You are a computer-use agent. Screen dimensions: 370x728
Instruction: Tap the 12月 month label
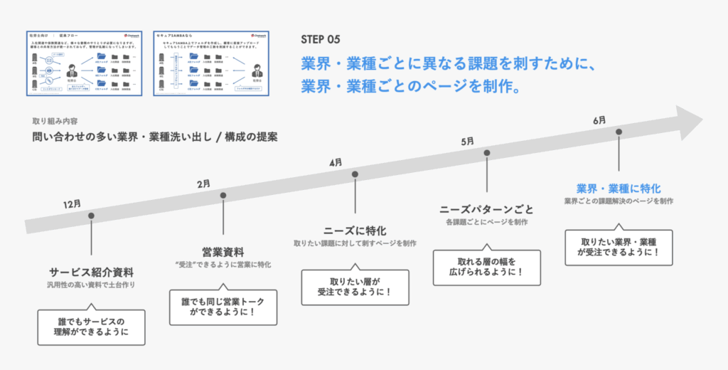(72, 203)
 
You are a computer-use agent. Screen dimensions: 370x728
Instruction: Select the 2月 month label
(204, 184)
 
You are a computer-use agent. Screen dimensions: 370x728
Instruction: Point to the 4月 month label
(336, 163)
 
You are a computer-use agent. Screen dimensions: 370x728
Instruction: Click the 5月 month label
(467, 142)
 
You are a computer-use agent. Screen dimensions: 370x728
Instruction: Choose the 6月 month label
(599, 120)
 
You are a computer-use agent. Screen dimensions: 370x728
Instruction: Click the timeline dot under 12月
(91, 215)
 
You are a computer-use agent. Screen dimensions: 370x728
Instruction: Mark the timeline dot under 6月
(619, 132)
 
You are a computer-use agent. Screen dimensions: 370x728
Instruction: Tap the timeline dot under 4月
(355, 174)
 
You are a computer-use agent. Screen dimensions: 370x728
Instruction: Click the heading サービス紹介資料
(91, 273)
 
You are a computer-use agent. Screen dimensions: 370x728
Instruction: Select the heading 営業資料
(223, 252)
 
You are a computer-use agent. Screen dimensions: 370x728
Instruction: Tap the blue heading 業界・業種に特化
(619, 189)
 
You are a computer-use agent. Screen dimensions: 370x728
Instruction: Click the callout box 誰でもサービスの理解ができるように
(91, 326)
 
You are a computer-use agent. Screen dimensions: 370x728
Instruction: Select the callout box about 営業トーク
(223, 306)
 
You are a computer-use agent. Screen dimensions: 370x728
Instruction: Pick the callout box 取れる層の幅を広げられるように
(487, 268)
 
